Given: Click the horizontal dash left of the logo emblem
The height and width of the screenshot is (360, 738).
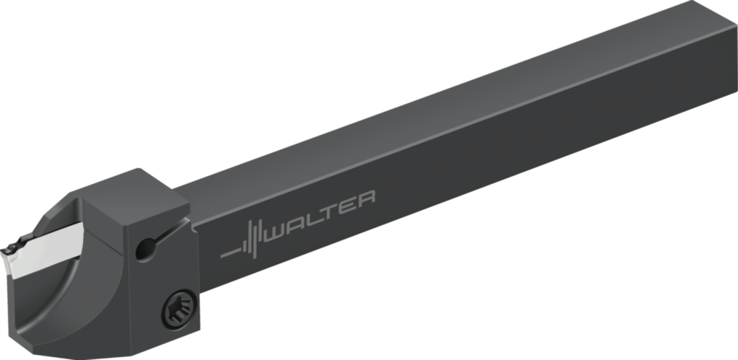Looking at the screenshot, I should click(229, 253).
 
